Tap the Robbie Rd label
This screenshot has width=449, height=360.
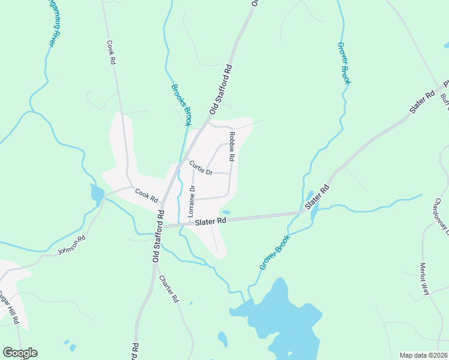coord(231,147)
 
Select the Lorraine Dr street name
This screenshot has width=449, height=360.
coord(191,201)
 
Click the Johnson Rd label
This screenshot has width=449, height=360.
coord(71,246)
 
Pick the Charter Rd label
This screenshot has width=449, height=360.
coord(169,288)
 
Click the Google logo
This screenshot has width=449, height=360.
coord(20,353)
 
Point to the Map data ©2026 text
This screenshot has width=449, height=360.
coord(423,355)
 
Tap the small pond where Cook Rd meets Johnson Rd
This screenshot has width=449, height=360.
coord(97,194)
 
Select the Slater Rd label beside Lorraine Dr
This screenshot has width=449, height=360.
coord(210,221)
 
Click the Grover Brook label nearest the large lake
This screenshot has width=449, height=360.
coord(275,251)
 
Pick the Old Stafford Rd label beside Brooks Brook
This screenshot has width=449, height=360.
coord(220,90)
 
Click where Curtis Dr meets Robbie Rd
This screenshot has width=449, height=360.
coord(231,173)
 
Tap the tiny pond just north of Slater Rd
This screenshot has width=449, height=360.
coord(226,212)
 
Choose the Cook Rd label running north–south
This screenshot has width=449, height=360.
coord(111,52)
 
